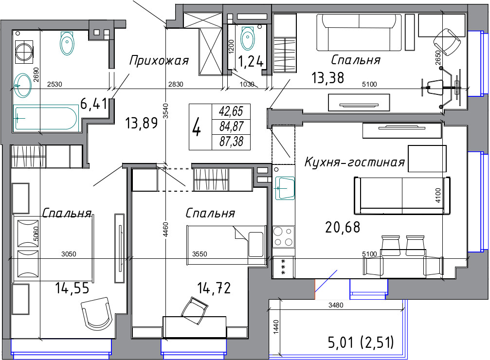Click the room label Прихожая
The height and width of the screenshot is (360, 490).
159,60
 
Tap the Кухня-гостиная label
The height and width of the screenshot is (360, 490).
355,162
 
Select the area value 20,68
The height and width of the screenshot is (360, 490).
343,227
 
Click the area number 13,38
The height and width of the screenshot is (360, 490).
328,78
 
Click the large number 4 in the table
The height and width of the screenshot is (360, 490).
197,127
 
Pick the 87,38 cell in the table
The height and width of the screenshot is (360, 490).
231,142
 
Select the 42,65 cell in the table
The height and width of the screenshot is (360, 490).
231,111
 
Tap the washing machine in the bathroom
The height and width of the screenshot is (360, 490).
24,51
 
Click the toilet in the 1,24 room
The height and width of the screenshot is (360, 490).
248,38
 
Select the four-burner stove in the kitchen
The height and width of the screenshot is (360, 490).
283,236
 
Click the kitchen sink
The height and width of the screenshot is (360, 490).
285,188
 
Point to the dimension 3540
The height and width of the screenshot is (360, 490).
166,110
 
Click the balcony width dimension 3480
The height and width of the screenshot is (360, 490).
336,305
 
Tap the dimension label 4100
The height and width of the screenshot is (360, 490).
438,195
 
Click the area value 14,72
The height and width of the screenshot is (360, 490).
214,288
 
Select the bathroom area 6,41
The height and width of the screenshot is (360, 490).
93,104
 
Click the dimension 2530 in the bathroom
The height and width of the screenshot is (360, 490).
54,84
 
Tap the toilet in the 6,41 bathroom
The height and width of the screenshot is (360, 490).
67,43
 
